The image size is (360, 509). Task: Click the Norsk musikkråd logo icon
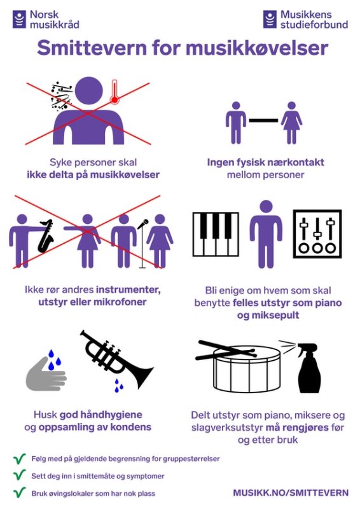(x=19, y=19)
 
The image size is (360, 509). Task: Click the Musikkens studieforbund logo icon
(x=270, y=19)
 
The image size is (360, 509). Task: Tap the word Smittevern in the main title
(x=92, y=48)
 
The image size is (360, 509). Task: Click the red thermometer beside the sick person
(x=114, y=92)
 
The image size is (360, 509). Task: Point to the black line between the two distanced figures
(x=263, y=120)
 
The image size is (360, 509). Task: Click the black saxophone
(x=45, y=236)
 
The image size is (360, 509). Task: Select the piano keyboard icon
(x=216, y=234)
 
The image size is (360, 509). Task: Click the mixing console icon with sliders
(x=317, y=234)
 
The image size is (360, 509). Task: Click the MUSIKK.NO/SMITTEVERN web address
(x=291, y=492)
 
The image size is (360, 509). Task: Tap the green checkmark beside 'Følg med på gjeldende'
(x=20, y=458)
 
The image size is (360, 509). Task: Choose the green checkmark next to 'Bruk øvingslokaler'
(x=20, y=492)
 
